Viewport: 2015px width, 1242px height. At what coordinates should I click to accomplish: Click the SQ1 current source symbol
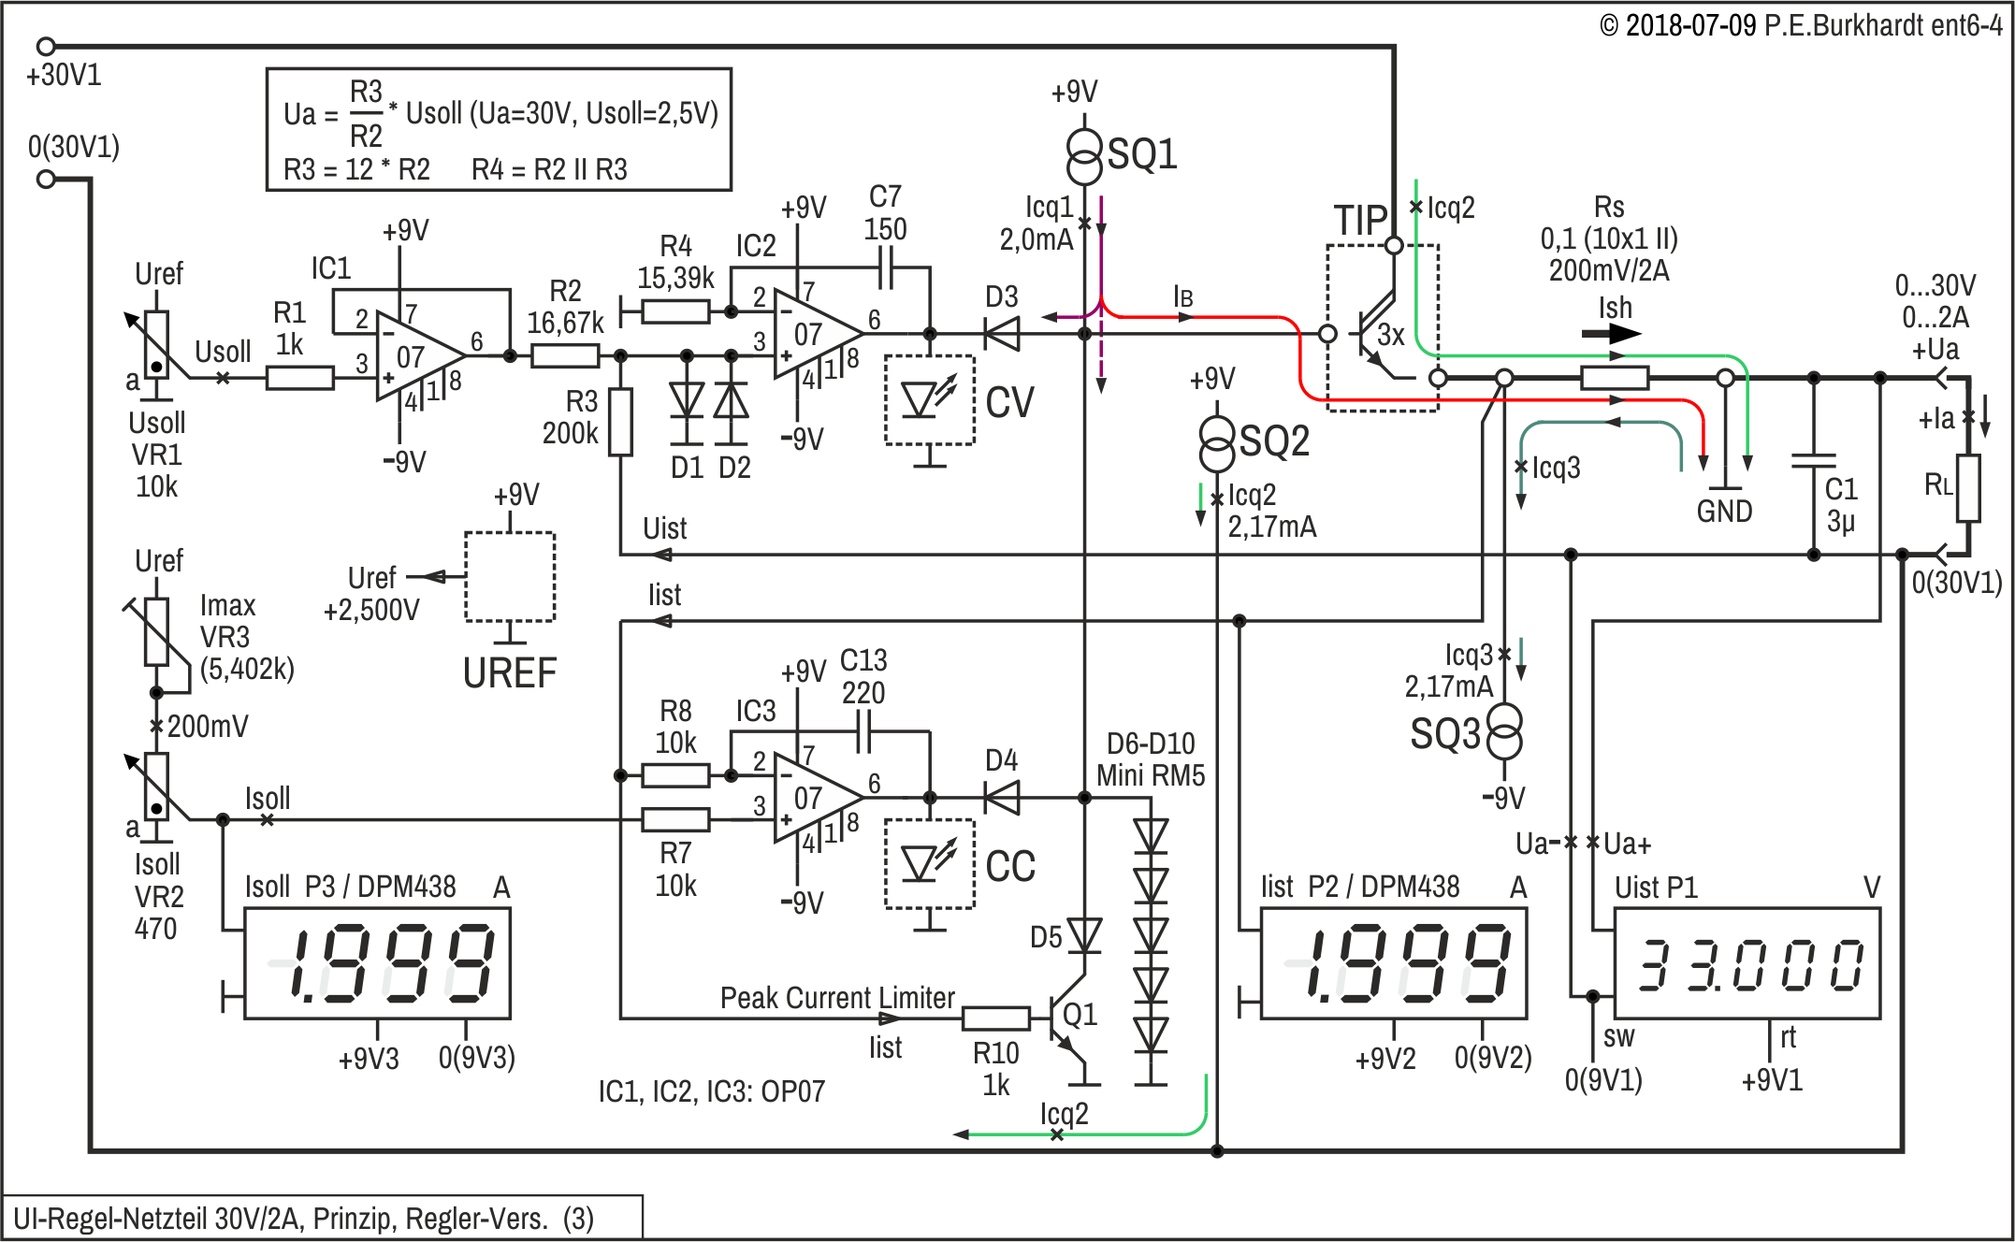click(x=1084, y=157)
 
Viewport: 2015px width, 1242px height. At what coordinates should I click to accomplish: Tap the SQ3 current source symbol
click(x=1504, y=731)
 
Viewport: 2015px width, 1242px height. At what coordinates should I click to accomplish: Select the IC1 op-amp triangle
click(x=415, y=356)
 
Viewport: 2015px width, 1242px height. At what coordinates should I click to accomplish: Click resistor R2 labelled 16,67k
click(x=565, y=355)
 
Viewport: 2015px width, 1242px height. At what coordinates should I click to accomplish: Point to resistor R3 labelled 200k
click(x=620, y=422)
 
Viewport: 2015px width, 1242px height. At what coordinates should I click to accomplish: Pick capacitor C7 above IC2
click(x=886, y=274)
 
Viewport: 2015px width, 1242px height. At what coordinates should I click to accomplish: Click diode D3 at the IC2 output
click(x=1003, y=333)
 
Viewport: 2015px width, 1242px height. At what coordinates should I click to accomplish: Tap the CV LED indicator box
click(x=930, y=400)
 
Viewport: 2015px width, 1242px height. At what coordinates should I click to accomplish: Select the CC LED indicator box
click(x=930, y=864)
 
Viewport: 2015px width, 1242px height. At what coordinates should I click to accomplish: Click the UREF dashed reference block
click(x=510, y=577)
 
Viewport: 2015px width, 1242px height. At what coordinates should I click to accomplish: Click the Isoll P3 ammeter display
click(x=377, y=964)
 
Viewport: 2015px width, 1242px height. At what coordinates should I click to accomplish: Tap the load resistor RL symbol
click(x=1968, y=487)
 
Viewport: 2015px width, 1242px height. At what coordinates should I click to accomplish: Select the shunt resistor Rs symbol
click(x=1614, y=378)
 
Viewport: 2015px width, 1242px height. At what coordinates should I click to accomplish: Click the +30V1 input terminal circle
click(x=46, y=46)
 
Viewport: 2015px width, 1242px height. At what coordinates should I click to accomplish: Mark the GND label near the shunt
click(x=1724, y=512)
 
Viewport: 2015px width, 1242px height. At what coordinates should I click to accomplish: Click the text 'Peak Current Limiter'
click(x=837, y=998)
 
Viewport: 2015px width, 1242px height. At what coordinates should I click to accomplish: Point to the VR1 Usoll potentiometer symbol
click(x=156, y=344)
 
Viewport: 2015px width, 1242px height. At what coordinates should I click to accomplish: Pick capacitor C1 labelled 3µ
click(x=1813, y=461)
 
